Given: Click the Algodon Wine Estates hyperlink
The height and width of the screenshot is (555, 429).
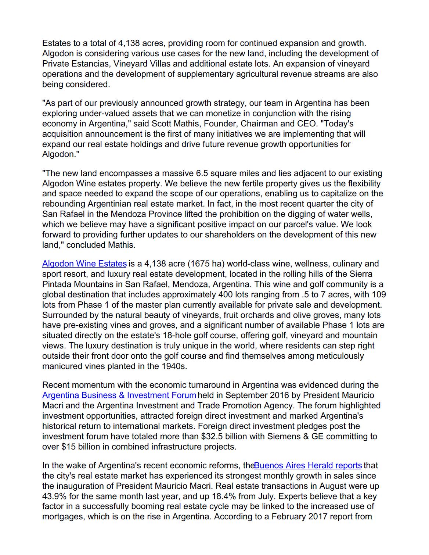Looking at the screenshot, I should point(84,264).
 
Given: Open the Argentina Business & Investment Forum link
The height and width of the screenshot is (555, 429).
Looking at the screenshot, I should point(119,395).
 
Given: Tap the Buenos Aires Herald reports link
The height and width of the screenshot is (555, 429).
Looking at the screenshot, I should point(308,466).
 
